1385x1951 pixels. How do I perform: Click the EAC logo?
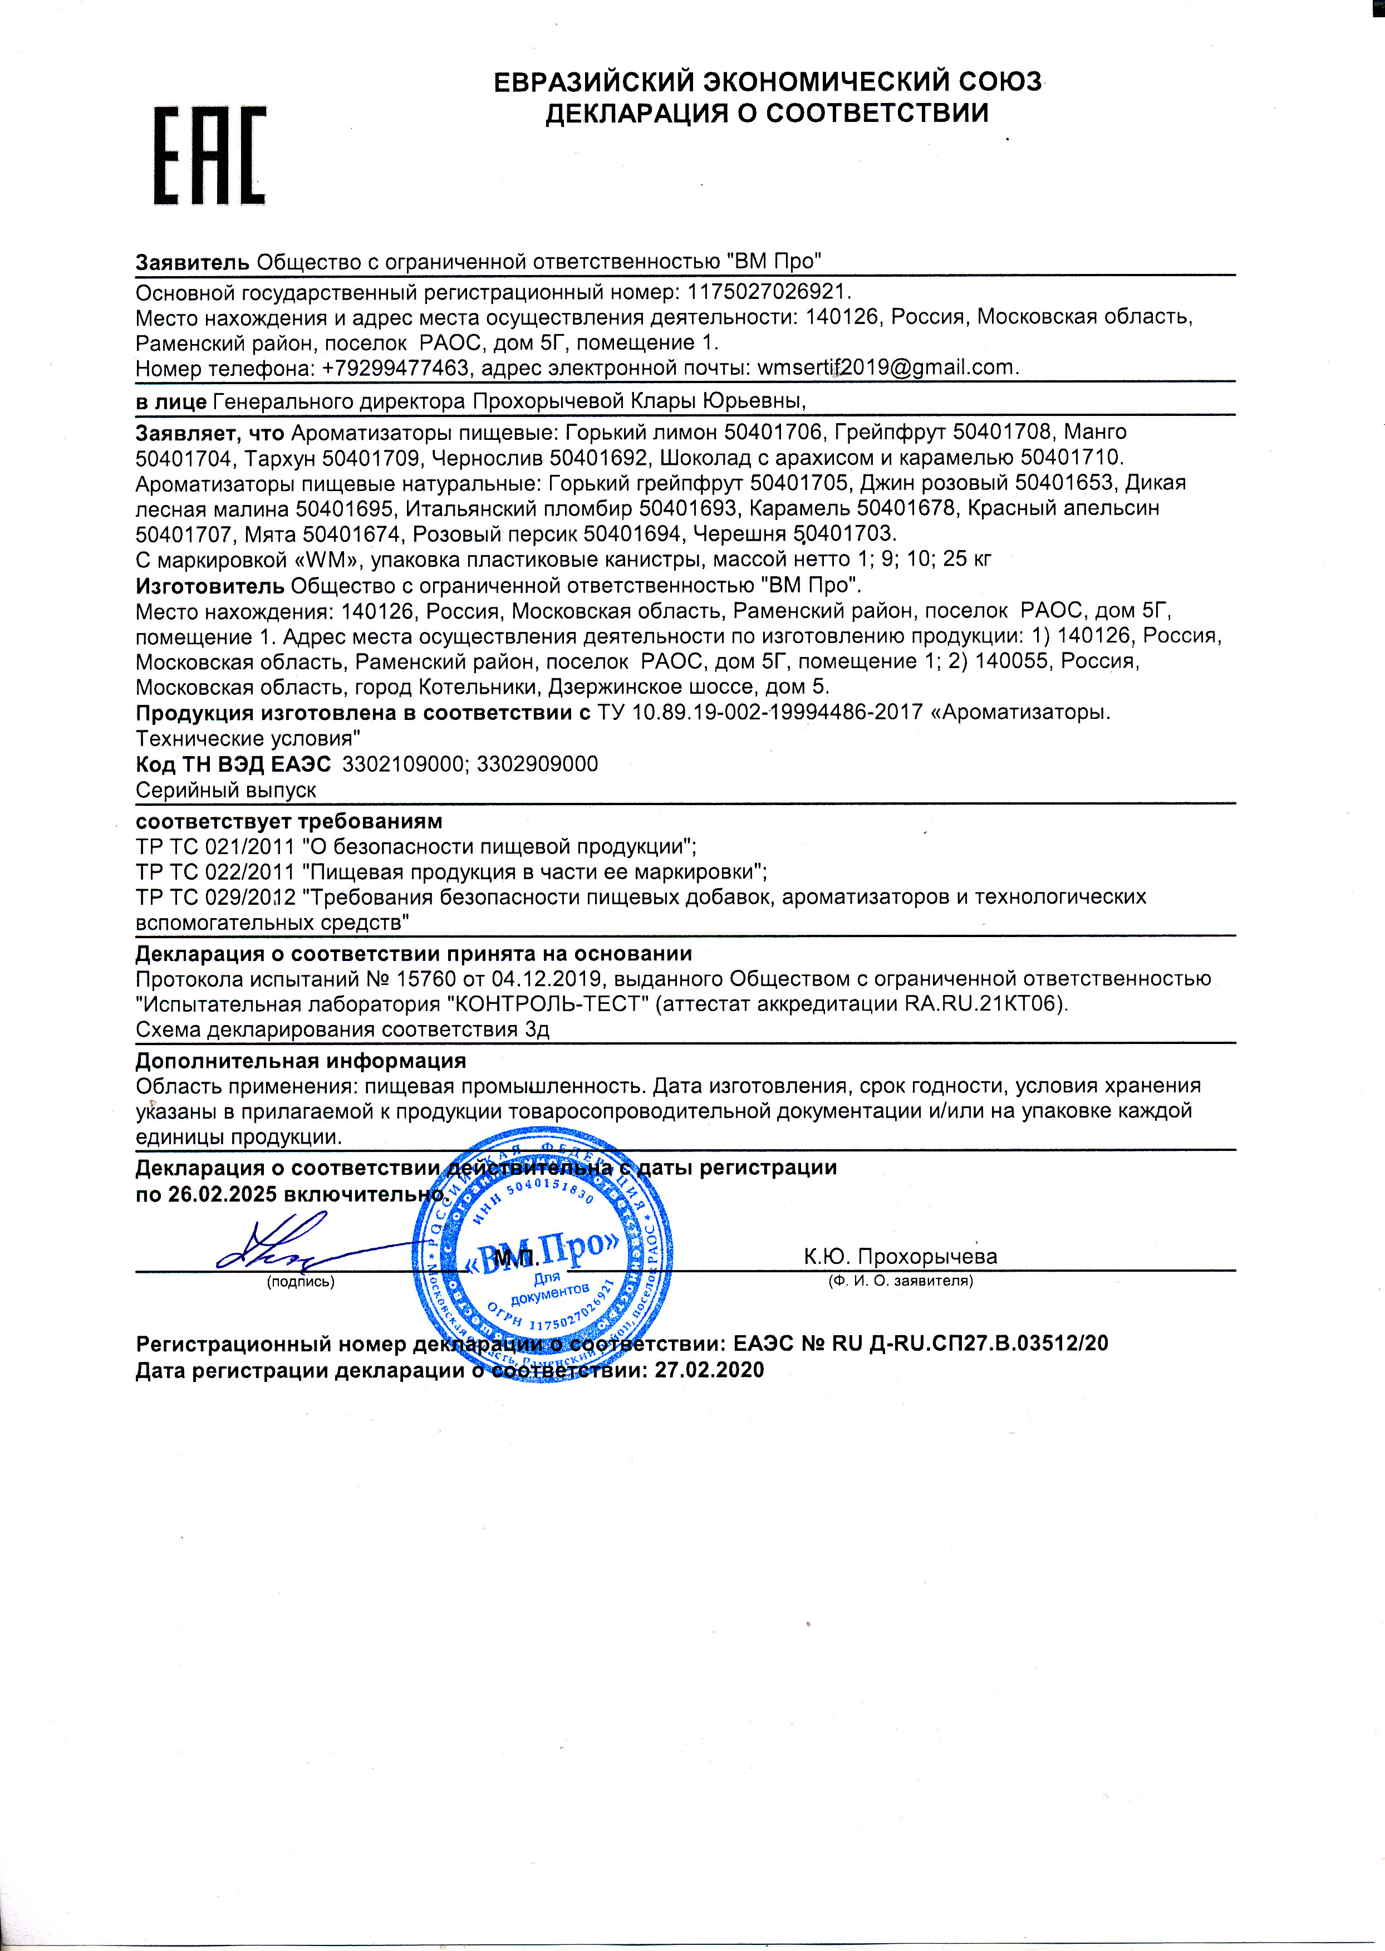coord(210,155)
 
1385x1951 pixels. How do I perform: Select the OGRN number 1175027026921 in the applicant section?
coord(768,292)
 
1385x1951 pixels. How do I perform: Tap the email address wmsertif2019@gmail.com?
coord(887,367)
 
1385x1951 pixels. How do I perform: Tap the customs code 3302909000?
coord(537,763)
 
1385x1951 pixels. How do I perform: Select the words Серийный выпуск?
coord(226,790)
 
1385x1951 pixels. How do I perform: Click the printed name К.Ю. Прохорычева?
coord(900,1256)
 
